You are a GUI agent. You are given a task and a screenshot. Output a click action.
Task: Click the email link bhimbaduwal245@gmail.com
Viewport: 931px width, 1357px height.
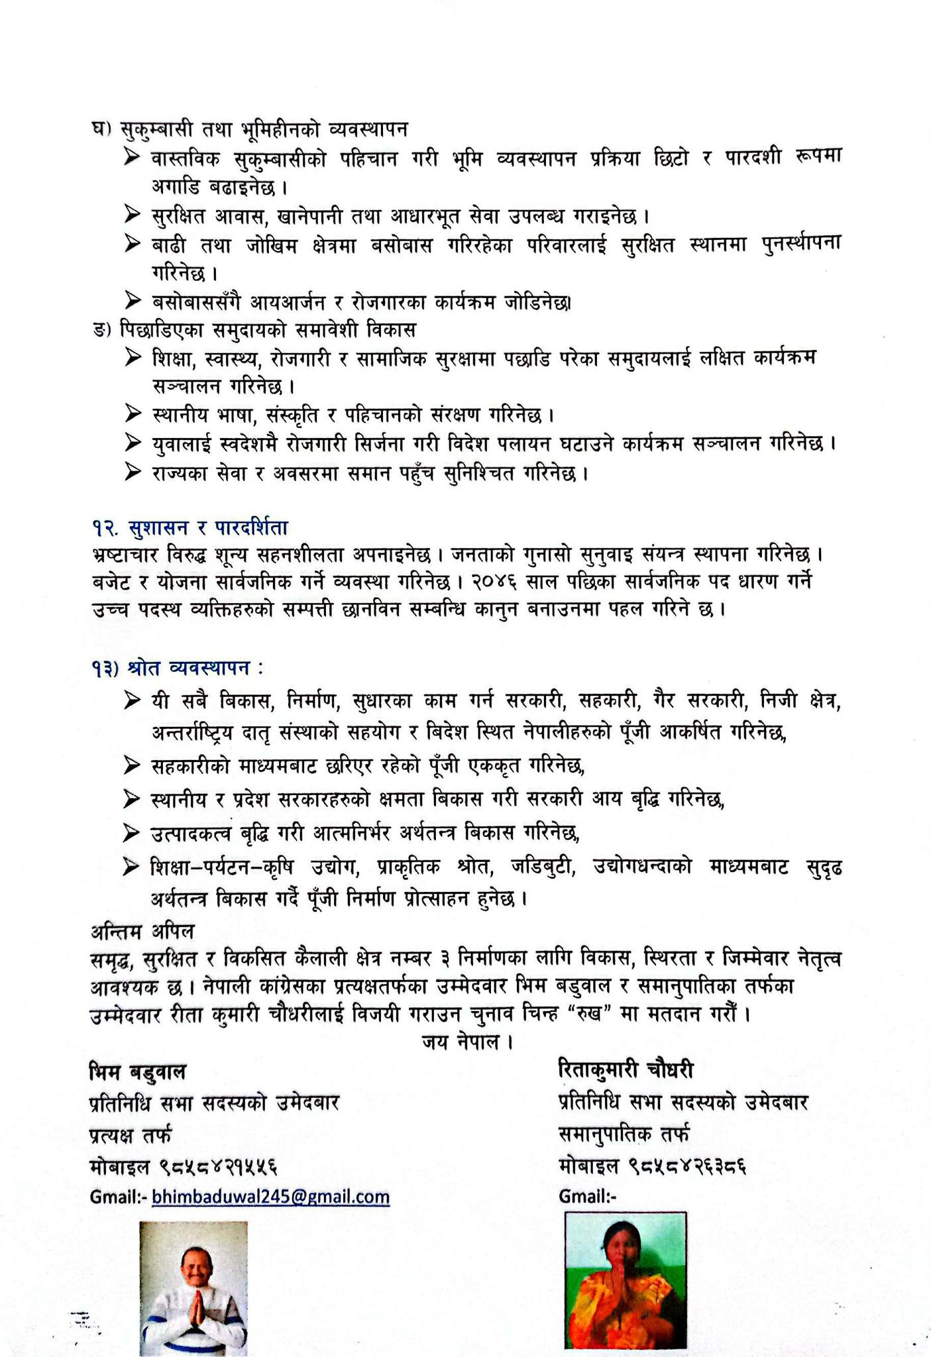point(270,1197)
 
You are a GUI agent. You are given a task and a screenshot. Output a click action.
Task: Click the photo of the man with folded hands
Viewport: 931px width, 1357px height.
point(193,1288)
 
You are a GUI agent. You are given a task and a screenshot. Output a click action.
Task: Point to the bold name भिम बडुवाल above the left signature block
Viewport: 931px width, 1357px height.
point(138,1071)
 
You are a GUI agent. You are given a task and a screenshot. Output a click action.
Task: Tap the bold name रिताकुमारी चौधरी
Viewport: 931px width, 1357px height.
point(626,1069)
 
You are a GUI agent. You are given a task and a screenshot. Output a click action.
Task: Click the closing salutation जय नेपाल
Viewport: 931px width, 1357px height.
point(467,1042)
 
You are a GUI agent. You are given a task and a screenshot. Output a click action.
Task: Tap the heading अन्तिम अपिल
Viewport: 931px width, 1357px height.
point(142,931)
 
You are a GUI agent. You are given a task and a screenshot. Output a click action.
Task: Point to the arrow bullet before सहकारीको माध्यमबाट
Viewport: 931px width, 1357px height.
point(133,766)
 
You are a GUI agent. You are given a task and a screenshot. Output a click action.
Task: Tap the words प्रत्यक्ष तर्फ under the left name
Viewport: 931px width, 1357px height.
point(130,1134)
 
